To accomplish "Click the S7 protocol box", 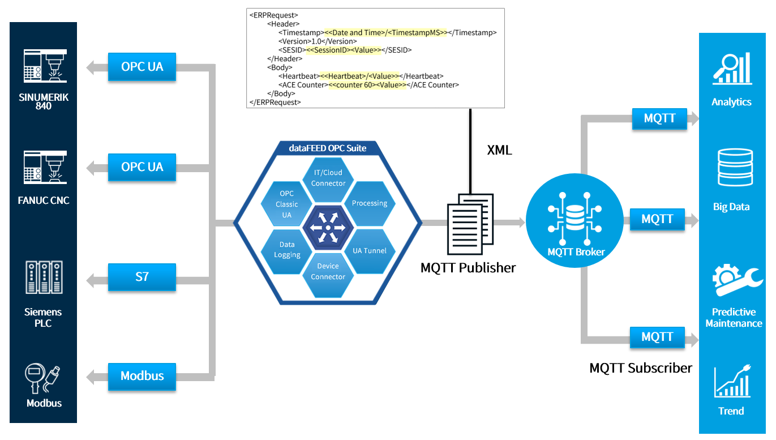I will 142,277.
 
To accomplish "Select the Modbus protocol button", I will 142,376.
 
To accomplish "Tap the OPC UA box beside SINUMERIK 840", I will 142,67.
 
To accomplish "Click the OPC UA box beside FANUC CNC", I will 142,167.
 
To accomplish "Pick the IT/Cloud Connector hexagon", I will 328,178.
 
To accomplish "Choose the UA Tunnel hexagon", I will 370,251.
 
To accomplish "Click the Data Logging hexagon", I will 287,250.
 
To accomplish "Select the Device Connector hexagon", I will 328,271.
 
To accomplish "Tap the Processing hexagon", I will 370,203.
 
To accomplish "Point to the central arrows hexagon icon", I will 328,227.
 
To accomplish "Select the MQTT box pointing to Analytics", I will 659,119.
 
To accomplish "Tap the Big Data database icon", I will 734,167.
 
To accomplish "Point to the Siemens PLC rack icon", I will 44,277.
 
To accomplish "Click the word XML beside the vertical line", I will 499,150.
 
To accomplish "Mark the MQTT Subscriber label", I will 641,368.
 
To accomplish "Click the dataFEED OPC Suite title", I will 328,148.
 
